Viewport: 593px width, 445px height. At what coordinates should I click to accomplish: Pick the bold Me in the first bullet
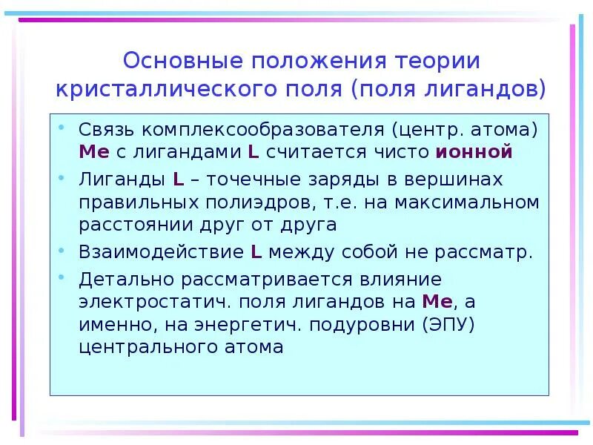[x=93, y=153]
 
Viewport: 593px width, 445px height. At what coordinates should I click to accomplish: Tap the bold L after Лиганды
[x=179, y=179]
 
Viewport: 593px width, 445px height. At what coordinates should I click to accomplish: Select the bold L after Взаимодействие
[x=256, y=251]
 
